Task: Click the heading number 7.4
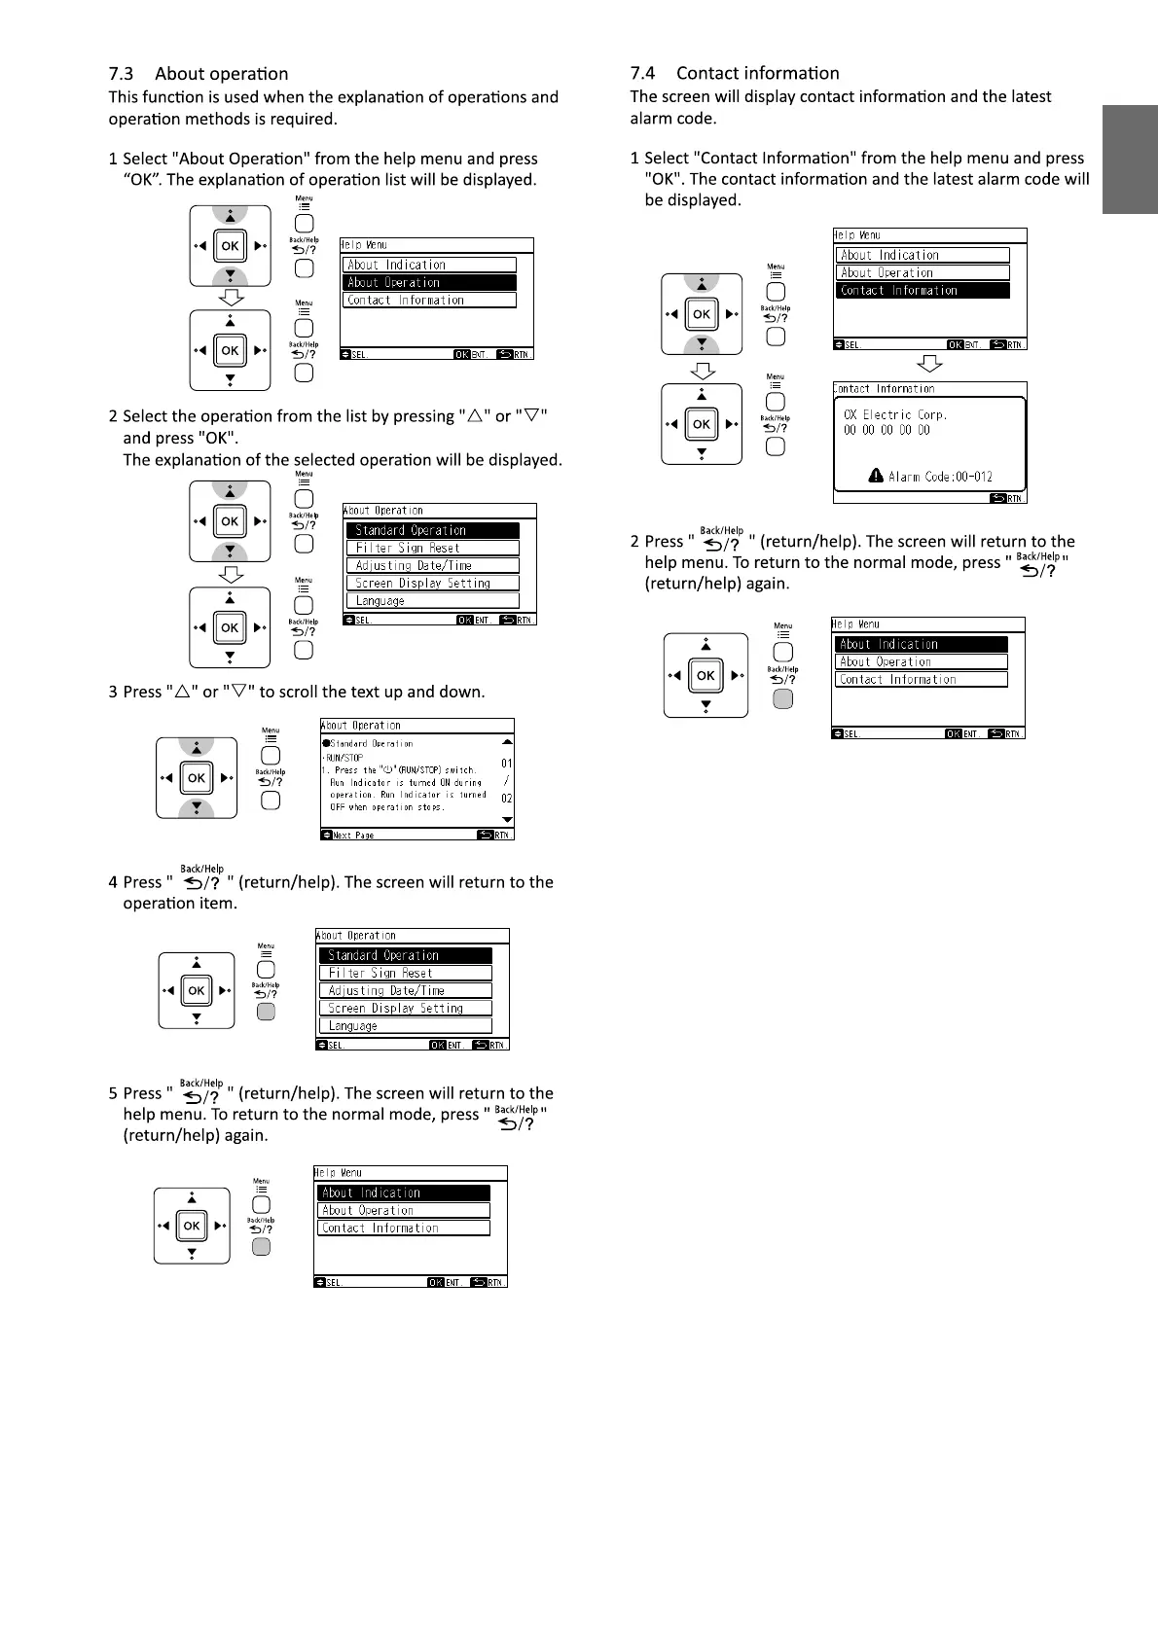point(642,73)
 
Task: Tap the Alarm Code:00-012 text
point(940,477)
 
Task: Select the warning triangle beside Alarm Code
point(876,476)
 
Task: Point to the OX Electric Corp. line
point(895,414)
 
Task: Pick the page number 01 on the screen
point(506,764)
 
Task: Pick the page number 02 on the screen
point(506,799)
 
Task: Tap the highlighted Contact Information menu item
point(923,290)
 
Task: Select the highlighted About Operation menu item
point(429,282)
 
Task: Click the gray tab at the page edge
point(1130,160)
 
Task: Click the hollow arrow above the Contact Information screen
point(930,364)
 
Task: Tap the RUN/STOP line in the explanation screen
point(343,757)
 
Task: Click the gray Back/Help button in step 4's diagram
point(266,1012)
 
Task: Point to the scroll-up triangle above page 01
point(506,742)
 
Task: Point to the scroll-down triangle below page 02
point(506,820)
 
